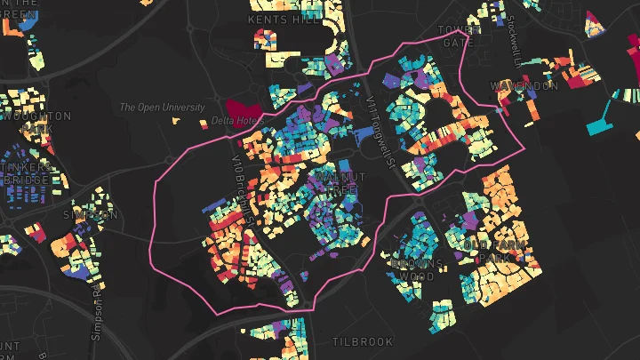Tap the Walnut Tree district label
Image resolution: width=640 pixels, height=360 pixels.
[x=336, y=184]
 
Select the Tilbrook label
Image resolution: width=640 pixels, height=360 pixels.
[x=362, y=342]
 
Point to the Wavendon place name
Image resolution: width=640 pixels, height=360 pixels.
[x=524, y=86]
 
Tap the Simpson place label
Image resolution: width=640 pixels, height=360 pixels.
[x=90, y=215]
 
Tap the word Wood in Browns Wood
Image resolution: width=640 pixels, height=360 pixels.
[x=416, y=276]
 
